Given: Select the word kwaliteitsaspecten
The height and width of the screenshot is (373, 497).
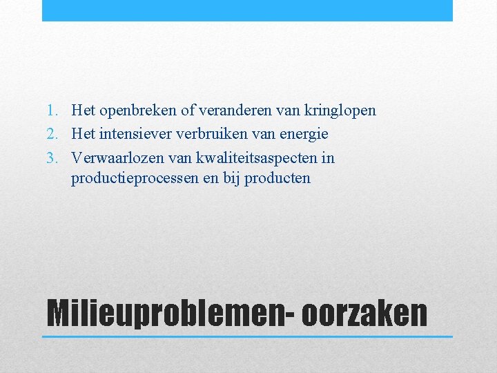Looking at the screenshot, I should [x=258, y=158].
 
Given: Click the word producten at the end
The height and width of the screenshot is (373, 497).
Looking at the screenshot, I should [x=277, y=179].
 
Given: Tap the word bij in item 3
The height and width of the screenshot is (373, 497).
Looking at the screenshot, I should [x=231, y=179].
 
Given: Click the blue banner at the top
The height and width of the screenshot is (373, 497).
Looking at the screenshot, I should [x=247, y=10].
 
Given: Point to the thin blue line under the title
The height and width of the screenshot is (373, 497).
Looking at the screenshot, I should [x=247, y=336].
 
